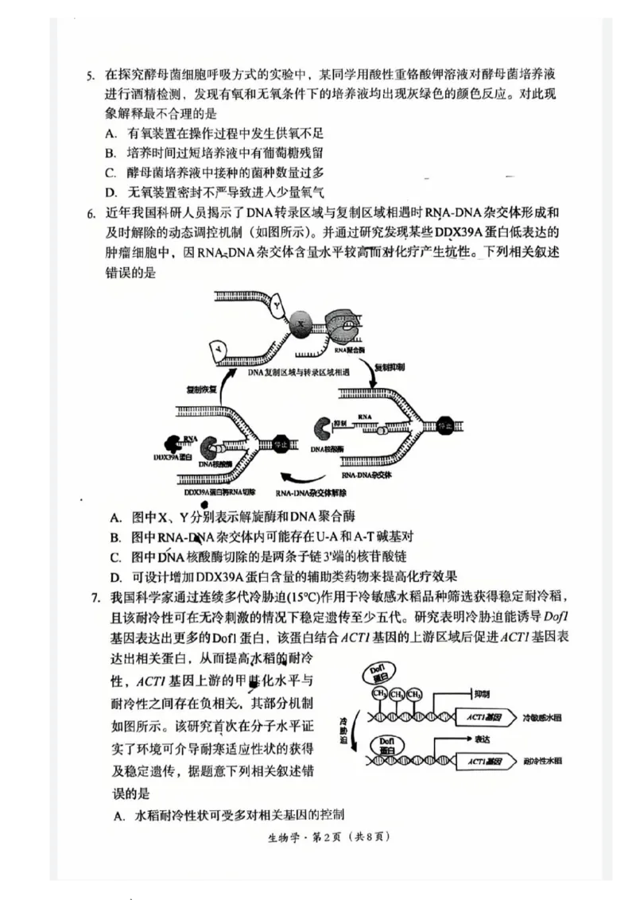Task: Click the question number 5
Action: tap(91, 76)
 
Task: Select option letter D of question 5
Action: tap(111, 192)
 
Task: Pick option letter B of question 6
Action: tap(115, 537)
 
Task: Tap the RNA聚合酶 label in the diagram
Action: tap(349, 350)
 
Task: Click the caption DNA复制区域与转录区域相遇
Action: tap(293, 371)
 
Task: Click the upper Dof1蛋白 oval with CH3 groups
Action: tap(382, 676)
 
